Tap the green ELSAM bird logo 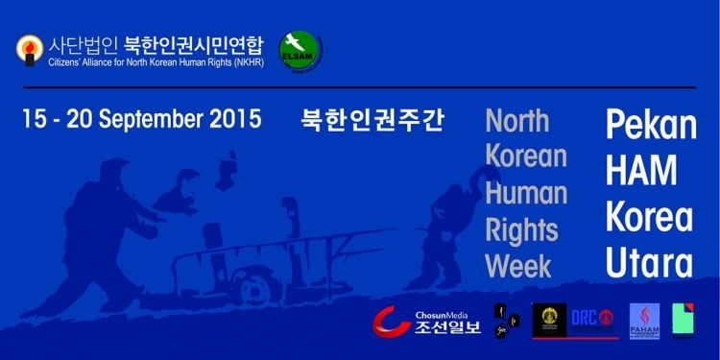[299, 47]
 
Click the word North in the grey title [517, 121]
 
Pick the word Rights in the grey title [521, 230]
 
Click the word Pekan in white [650, 125]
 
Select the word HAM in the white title [641, 171]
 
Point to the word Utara [648, 261]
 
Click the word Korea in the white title [648, 217]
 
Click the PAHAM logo [643, 321]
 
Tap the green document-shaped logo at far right [684, 320]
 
